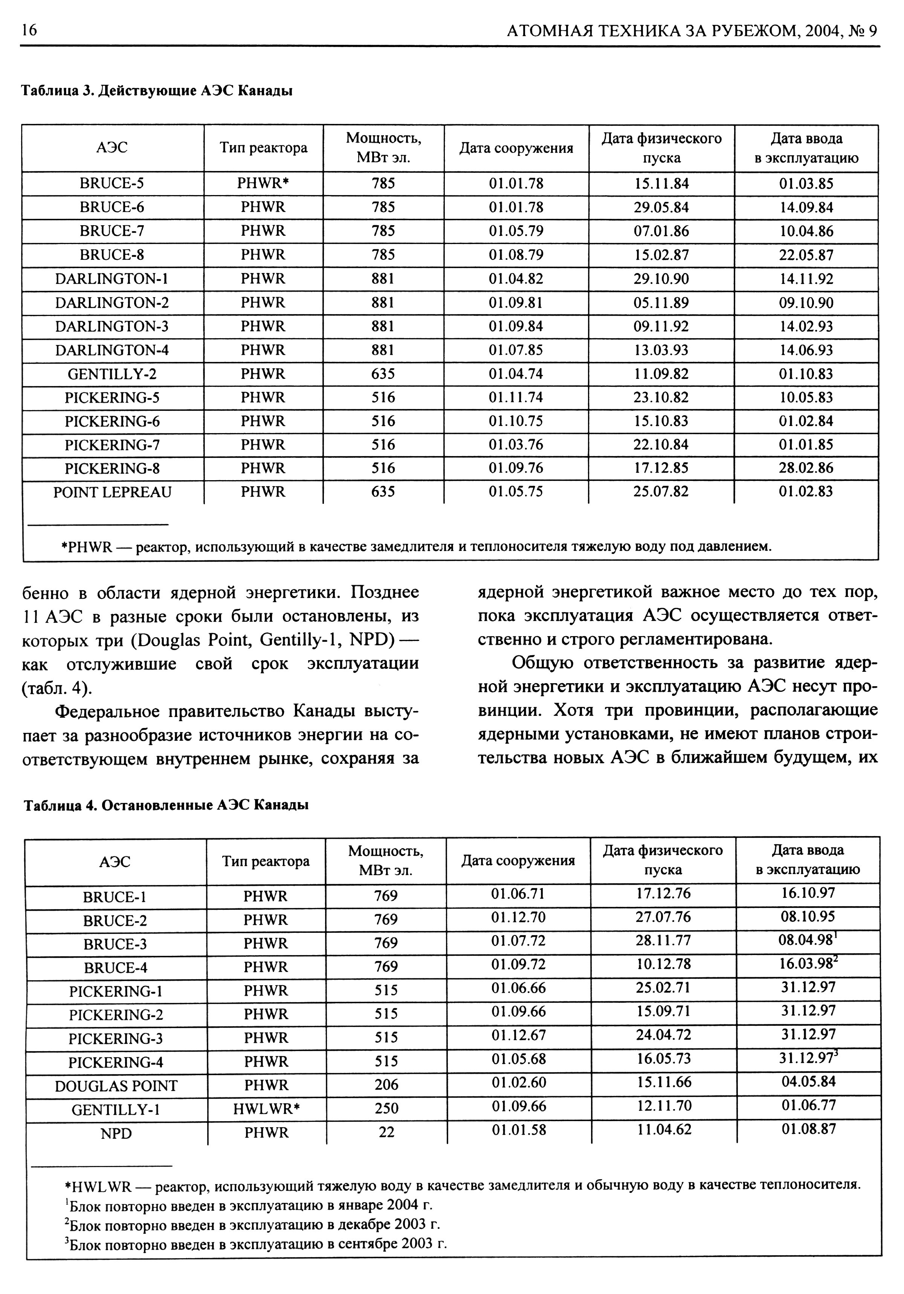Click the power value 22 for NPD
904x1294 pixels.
(x=386, y=1132)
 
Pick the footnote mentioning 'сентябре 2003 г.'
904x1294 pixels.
(x=257, y=1243)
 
